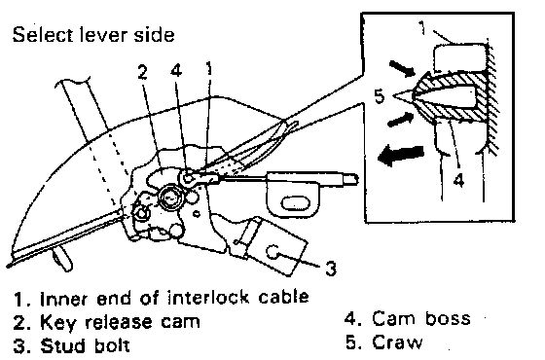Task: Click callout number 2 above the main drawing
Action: point(142,72)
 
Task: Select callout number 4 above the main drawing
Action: point(176,70)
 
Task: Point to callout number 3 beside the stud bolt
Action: point(331,269)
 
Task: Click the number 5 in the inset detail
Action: point(380,96)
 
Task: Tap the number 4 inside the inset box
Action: point(458,180)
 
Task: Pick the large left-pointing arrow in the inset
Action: point(401,155)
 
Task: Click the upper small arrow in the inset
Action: point(402,68)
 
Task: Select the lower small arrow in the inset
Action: point(400,120)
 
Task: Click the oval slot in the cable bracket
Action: point(294,203)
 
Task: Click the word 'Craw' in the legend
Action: point(397,342)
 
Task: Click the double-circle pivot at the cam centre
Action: point(169,198)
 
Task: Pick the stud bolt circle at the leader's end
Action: point(272,252)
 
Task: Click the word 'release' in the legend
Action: point(119,322)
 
